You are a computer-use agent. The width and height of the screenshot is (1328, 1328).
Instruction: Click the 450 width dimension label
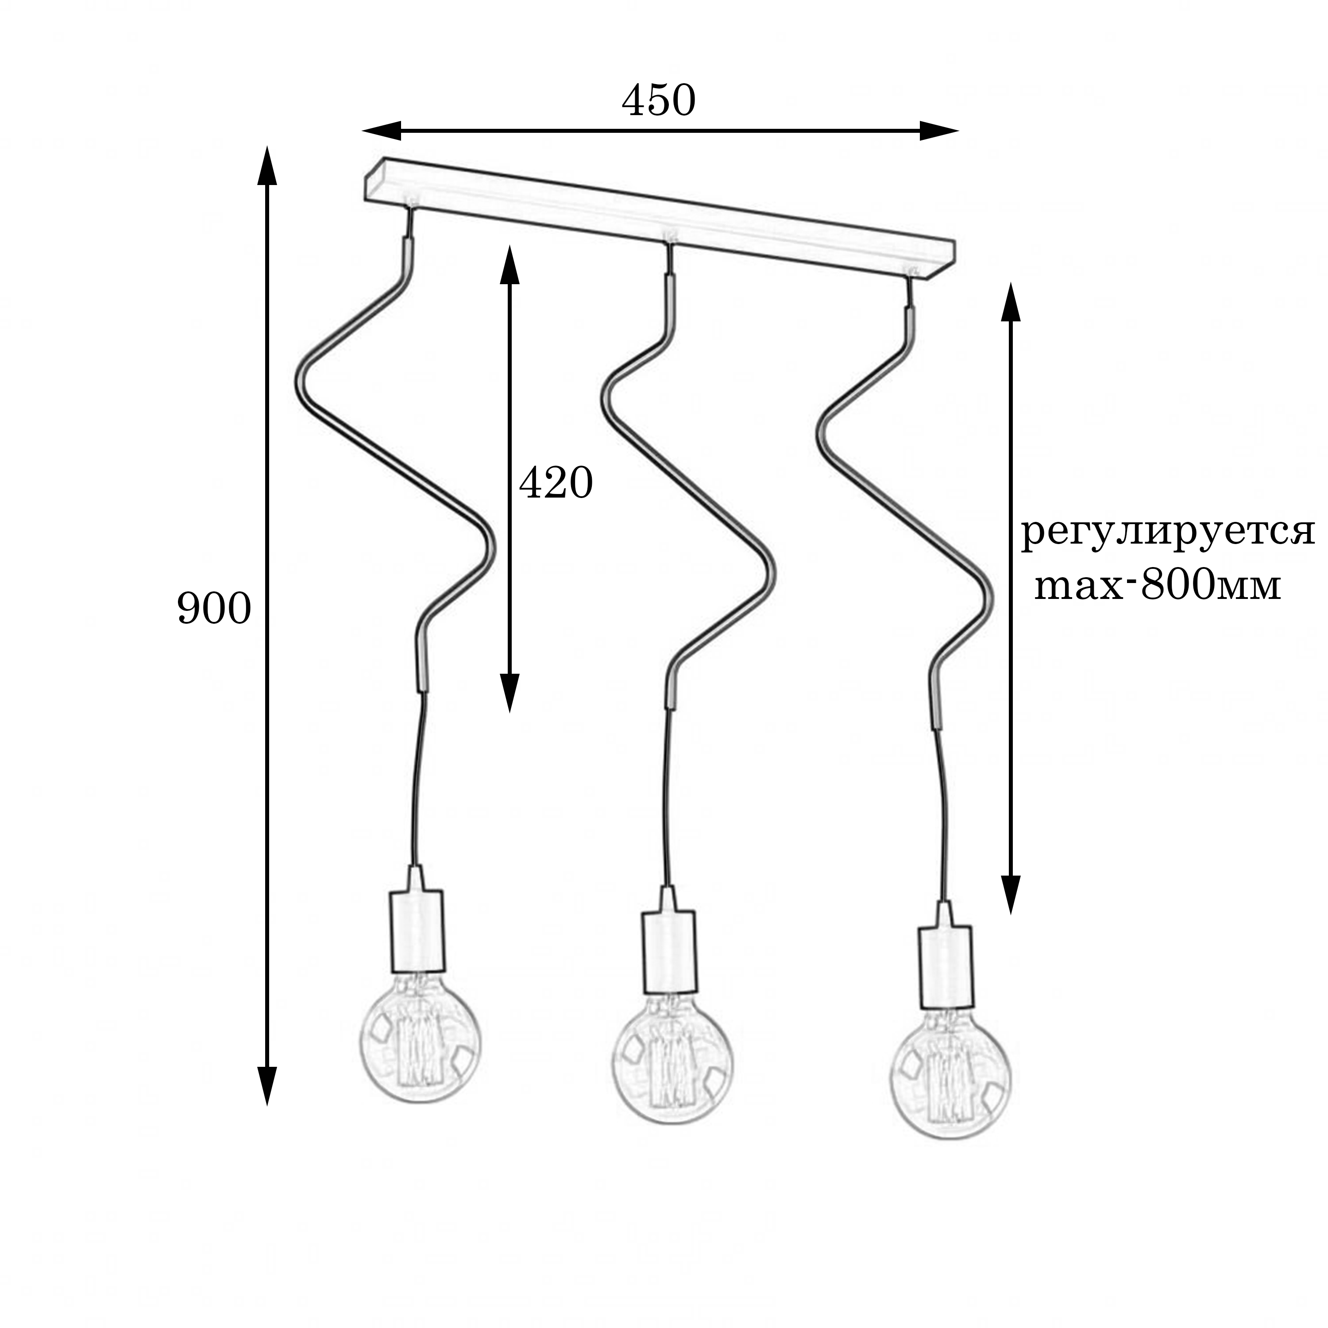659,101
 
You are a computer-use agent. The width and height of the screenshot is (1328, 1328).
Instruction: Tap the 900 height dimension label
214,609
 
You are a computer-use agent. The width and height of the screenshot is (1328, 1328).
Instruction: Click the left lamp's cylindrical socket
417,931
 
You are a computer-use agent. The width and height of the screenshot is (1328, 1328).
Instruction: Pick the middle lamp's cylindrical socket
669,952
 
